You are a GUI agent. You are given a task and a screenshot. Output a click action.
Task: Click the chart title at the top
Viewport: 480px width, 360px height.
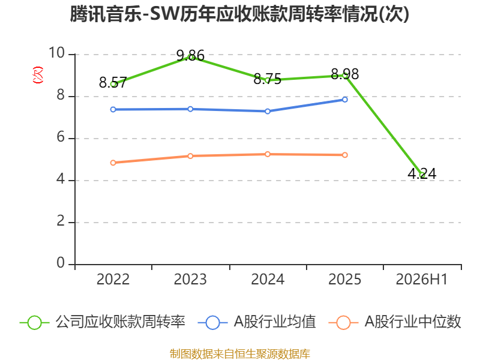pyautogui.click(x=239, y=14)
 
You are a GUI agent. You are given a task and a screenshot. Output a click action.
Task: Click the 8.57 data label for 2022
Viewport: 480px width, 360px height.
pyautogui.click(x=113, y=83)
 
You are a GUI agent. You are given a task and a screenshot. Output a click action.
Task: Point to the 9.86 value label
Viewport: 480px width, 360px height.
pyautogui.click(x=190, y=56)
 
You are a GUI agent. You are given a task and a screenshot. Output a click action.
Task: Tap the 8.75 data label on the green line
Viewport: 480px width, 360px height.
pyautogui.click(x=267, y=79)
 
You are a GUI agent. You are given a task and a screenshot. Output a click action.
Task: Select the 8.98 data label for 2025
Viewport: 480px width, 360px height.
pyautogui.click(x=344, y=74)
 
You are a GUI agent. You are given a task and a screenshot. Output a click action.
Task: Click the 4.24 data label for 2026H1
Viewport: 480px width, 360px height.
pyautogui.click(x=422, y=174)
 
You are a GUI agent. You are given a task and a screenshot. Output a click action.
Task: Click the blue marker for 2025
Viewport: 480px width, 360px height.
pyautogui.click(x=344, y=100)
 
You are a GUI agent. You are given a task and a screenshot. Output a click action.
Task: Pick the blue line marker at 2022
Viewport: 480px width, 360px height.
pyautogui.click(x=113, y=109)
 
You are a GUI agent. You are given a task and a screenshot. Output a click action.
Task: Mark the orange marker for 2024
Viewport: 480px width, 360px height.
pyautogui.click(x=268, y=154)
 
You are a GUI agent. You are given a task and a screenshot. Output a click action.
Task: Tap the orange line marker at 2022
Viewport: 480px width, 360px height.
pyautogui.click(x=113, y=163)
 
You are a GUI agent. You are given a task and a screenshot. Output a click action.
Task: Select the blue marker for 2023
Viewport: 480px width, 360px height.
pyautogui.click(x=190, y=109)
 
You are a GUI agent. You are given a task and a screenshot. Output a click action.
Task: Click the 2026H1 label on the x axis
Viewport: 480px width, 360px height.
pyautogui.click(x=422, y=280)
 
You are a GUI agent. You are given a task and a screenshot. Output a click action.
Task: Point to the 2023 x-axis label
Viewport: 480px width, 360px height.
pyautogui.click(x=190, y=280)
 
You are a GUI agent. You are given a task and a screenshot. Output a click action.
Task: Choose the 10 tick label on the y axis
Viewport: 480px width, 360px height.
pyautogui.click(x=56, y=53)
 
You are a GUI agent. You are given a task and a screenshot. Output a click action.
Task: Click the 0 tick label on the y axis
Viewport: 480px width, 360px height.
pyautogui.click(x=61, y=263)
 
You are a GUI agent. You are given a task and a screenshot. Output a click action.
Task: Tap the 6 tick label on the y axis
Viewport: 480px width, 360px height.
pyautogui.click(x=61, y=137)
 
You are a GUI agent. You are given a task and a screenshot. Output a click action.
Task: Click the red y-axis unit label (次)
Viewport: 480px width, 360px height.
pyautogui.click(x=38, y=75)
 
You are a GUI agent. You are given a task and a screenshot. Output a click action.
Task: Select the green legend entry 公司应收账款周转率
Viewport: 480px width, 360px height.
pyautogui.click(x=103, y=322)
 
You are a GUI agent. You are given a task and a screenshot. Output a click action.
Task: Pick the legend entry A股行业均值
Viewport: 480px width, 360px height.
pyautogui.click(x=257, y=322)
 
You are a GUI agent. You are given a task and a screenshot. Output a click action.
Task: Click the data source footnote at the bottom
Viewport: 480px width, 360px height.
pyautogui.click(x=239, y=354)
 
